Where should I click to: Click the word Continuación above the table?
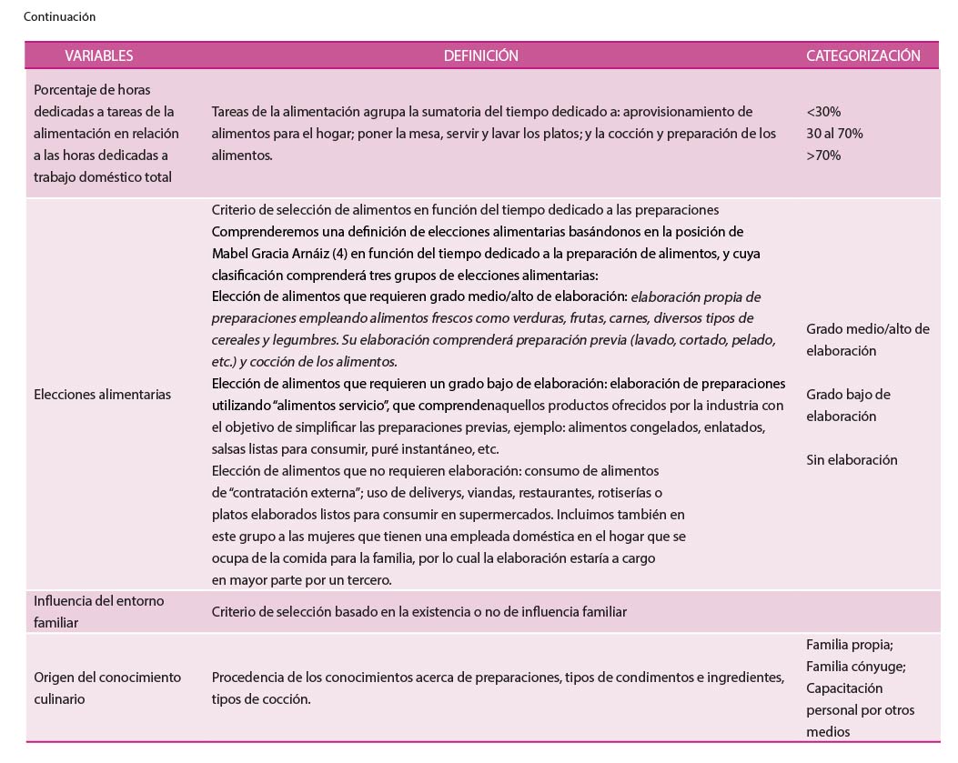coord(59,16)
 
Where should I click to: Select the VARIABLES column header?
coord(98,55)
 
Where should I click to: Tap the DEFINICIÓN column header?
coord(480,55)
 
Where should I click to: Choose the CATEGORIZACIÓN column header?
coord(862,55)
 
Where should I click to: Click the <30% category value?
coord(823,111)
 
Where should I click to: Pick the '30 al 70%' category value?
coord(834,133)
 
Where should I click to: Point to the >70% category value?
coord(823,155)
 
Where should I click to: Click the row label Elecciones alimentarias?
coord(102,395)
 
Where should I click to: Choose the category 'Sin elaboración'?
coord(852,459)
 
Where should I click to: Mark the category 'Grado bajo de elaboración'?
coord(848,405)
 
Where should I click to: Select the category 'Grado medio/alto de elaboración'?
coord(867,339)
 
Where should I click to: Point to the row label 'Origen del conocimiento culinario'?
coord(107,688)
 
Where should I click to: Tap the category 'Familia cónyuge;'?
coord(855,666)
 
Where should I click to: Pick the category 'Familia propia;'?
coord(850,644)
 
